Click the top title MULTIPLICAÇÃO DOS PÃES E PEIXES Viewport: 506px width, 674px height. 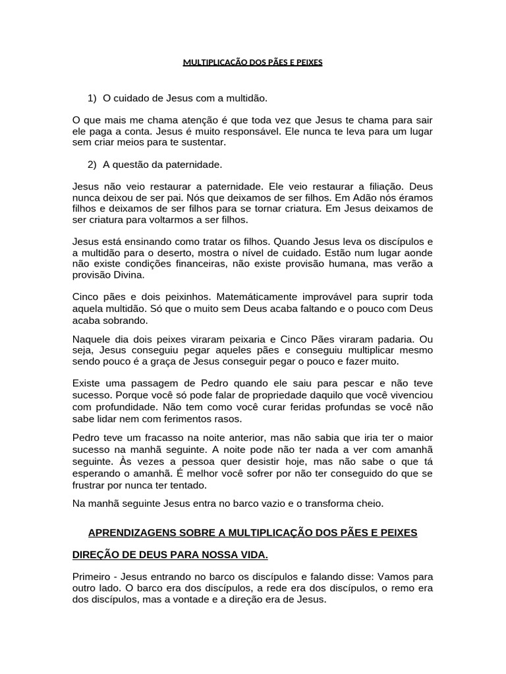click(x=252, y=63)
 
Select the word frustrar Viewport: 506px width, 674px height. click(x=90, y=485)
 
